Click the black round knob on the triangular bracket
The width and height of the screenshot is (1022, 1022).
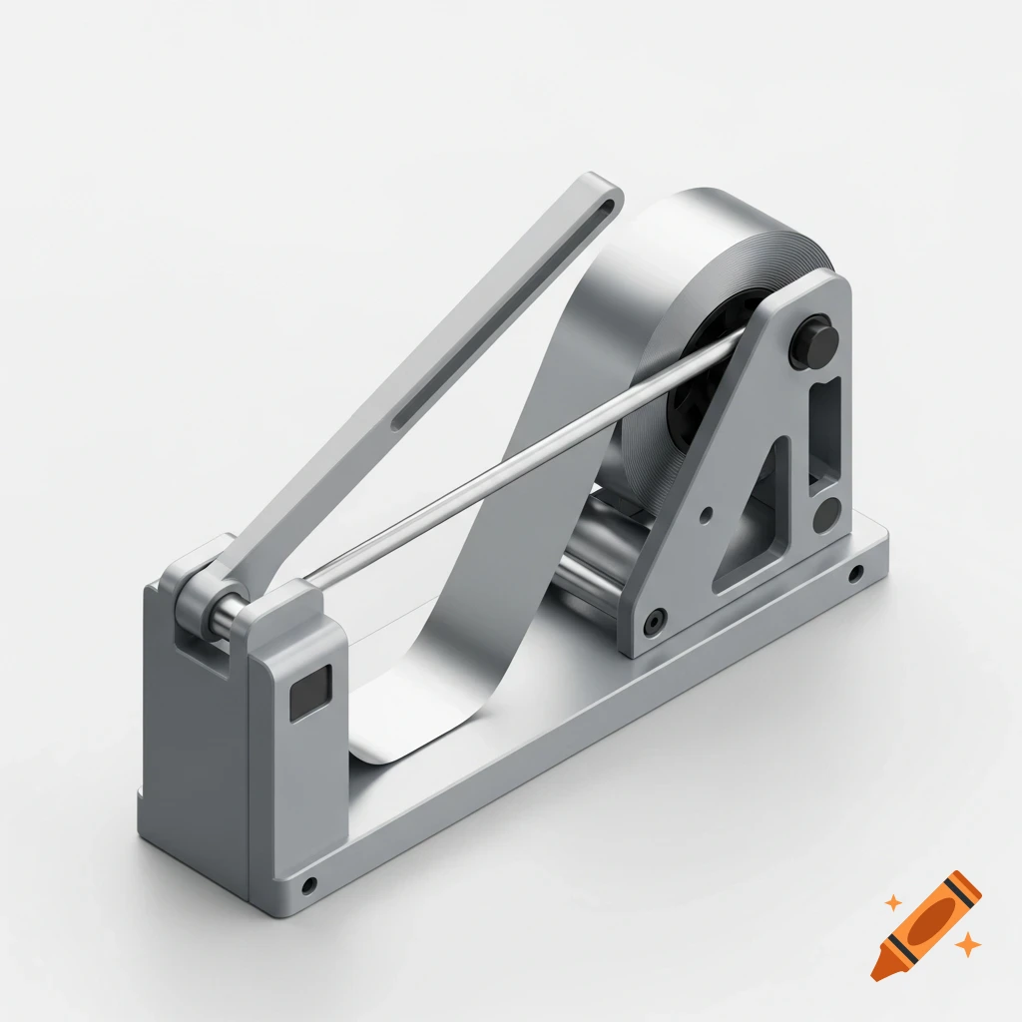(x=812, y=342)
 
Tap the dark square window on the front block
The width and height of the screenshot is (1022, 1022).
(x=309, y=695)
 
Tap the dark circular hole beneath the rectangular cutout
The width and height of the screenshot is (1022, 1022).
(x=826, y=516)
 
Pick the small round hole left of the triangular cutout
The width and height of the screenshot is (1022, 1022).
(x=707, y=516)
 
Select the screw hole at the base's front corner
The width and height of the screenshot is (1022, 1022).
(x=309, y=884)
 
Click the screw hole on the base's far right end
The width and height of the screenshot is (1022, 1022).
(x=856, y=574)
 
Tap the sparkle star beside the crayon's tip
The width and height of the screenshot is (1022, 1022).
(x=966, y=942)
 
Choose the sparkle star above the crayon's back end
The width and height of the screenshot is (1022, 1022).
(x=893, y=902)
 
